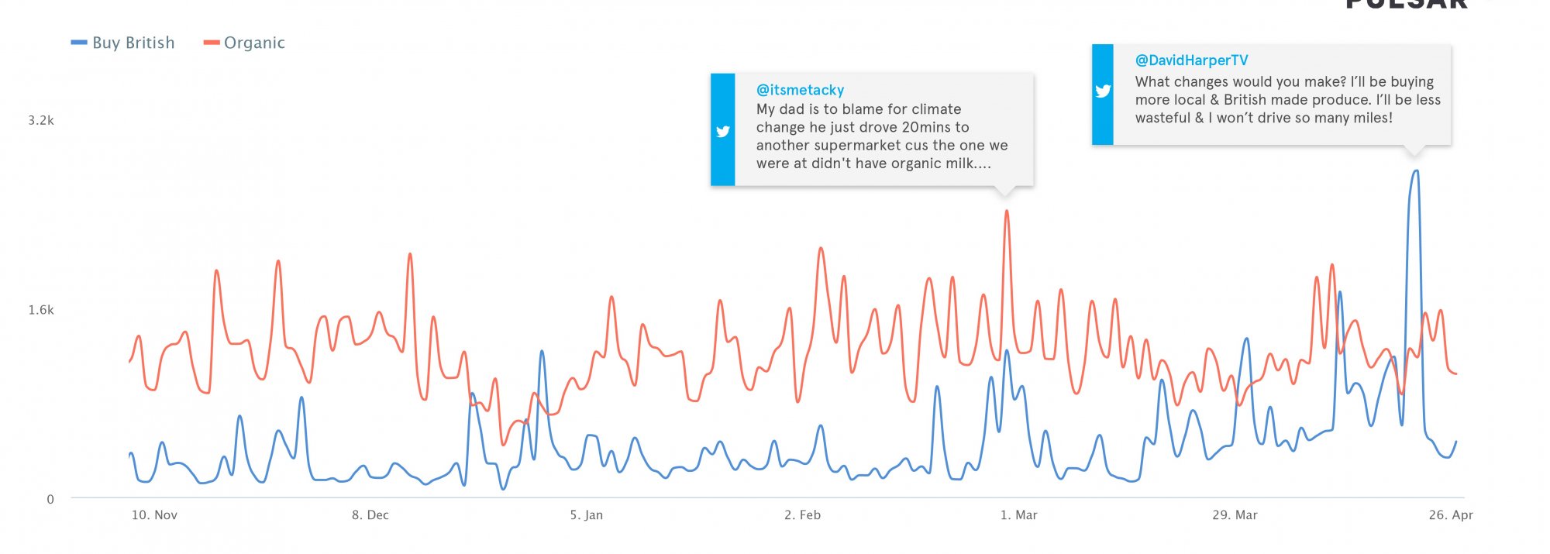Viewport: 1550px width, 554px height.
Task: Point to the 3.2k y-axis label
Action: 41,120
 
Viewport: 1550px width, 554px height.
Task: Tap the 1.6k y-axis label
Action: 41,310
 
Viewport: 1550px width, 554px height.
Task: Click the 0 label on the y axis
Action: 50,500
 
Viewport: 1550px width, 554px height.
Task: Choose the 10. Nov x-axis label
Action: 154,515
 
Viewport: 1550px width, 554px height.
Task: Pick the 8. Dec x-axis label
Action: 370,515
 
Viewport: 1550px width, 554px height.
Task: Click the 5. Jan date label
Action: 587,515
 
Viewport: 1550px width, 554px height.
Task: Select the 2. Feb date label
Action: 802,515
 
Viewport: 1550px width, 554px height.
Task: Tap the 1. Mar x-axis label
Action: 1018,515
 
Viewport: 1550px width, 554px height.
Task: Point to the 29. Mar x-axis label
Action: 1235,515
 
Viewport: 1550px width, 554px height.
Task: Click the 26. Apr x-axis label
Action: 1451,515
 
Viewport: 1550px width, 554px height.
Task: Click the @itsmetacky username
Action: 800,90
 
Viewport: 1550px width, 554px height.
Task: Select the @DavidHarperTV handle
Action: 1191,60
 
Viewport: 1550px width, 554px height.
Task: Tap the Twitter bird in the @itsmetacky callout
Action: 723,131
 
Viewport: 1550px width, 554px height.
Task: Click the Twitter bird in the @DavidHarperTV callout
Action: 1103,91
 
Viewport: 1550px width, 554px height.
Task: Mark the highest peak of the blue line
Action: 1416,171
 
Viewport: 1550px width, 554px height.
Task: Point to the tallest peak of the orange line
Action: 1007,211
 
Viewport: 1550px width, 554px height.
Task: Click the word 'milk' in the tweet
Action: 958,163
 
